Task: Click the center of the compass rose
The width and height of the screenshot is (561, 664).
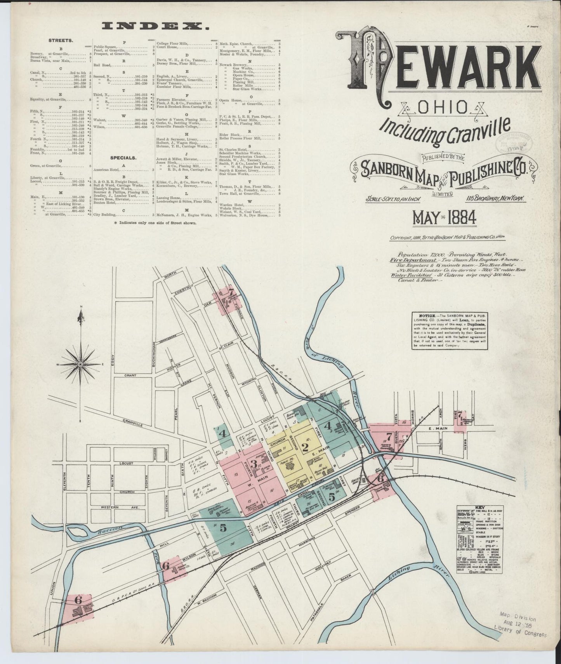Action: point(80,364)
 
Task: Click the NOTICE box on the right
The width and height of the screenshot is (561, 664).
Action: point(449,330)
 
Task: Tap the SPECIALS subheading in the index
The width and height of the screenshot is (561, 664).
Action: point(123,158)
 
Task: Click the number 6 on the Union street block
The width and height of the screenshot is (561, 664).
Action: point(78,611)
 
